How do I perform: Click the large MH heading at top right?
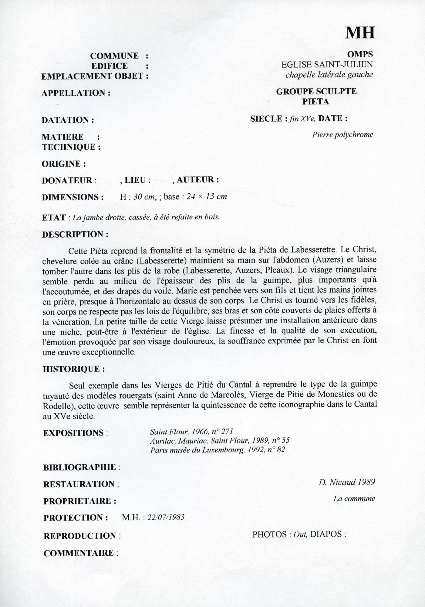tap(360, 32)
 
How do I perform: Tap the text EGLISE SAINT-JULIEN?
tap(327, 64)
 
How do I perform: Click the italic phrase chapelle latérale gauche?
tap(329, 75)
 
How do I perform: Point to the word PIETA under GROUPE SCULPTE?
tap(315, 102)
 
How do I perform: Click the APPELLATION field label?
tap(76, 93)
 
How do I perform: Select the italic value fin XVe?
tap(302, 119)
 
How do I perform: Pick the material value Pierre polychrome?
tap(342, 135)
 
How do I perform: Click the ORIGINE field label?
tap(64, 164)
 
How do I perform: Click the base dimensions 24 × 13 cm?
tap(207, 197)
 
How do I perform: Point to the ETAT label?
tap(54, 218)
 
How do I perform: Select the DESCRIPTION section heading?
tap(75, 235)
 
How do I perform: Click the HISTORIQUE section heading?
tap(74, 369)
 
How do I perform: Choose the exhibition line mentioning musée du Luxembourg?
tap(218, 450)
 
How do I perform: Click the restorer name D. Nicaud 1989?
tap(347, 482)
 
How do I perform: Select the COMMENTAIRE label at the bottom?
tap(79, 553)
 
